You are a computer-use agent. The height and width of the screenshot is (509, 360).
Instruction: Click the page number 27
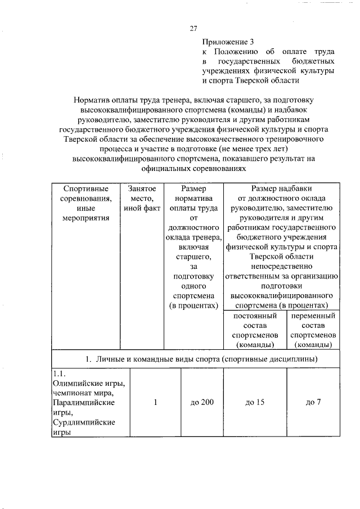[193, 29]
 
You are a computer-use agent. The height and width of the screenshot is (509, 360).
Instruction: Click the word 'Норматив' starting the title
[93, 100]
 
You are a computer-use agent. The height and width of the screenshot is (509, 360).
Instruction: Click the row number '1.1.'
[60, 374]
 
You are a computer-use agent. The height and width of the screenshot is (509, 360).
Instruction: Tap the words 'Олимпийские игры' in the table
[88, 384]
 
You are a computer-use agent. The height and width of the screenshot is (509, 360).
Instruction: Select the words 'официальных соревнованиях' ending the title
[193, 168]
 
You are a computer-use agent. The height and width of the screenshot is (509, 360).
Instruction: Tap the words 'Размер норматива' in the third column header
[193, 193]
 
